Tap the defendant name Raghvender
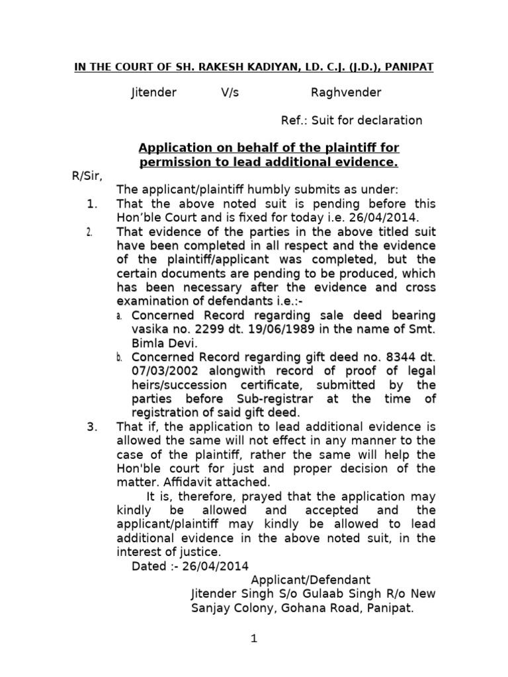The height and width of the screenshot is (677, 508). point(346,93)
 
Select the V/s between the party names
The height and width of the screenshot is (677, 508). point(230,93)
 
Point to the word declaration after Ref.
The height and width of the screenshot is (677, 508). point(390,120)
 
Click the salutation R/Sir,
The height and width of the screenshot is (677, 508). point(86,175)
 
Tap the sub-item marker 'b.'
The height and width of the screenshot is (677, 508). point(120,358)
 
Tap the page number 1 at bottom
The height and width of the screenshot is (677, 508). point(253,639)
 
